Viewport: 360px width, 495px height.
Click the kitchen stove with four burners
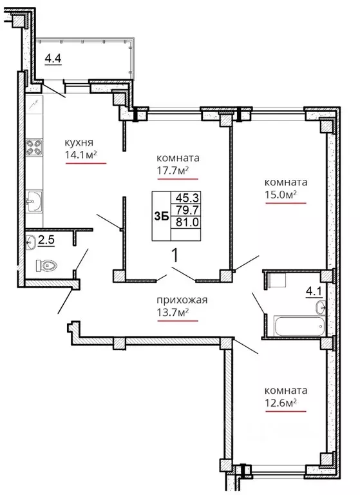[x=34, y=148]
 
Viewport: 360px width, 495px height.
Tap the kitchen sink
[x=34, y=201]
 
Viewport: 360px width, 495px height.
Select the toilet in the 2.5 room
[x=46, y=265]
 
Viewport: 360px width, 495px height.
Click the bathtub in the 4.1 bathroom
[x=299, y=326]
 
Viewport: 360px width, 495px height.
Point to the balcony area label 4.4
[x=53, y=59]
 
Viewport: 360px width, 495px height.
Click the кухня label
[x=79, y=142]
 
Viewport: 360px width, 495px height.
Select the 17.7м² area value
[x=173, y=171]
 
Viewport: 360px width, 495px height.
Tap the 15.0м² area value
[x=281, y=195]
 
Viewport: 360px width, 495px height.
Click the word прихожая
[x=182, y=300]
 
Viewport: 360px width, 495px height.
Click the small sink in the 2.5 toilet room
[x=31, y=242]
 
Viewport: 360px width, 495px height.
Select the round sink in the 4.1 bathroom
[x=321, y=307]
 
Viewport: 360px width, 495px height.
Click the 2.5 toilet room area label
[x=46, y=240]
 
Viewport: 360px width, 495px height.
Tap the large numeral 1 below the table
[x=175, y=255]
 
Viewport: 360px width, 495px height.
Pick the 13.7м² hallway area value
[x=173, y=313]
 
